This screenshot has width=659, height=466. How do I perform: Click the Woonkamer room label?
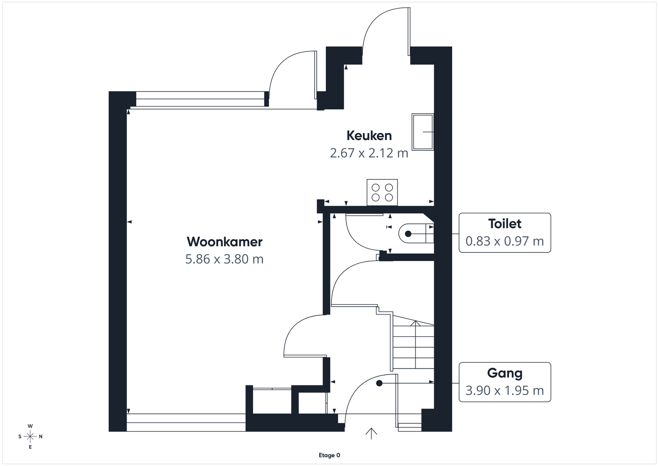click(x=224, y=242)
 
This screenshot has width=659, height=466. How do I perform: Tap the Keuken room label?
click(x=369, y=135)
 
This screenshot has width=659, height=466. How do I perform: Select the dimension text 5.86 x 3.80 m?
click(x=224, y=259)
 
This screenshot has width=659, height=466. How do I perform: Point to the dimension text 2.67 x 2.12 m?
click(x=369, y=153)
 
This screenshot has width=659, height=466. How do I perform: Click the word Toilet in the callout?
click(x=505, y=224)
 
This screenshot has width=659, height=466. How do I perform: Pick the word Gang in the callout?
click(x=505, y=373)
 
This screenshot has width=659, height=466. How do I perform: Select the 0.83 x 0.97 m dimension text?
click(x=505, y=241)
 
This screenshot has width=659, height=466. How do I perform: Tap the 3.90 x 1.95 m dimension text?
click(x=505, y=390)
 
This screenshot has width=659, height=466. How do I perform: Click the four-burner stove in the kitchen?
click(x=382, y=192)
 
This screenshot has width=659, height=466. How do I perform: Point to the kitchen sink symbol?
click(x=423, y=132)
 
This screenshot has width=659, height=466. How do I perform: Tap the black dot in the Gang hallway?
click(x=379, y=383)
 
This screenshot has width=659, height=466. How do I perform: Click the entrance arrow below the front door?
click(x=371, y=433)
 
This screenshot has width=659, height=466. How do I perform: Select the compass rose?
click(x=30, y=436)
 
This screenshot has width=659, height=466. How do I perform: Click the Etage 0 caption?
click(x=329, y=455)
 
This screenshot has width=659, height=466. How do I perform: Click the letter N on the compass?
click(x=41, y=437)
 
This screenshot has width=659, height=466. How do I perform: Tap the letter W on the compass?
click(x=30, y=426)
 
